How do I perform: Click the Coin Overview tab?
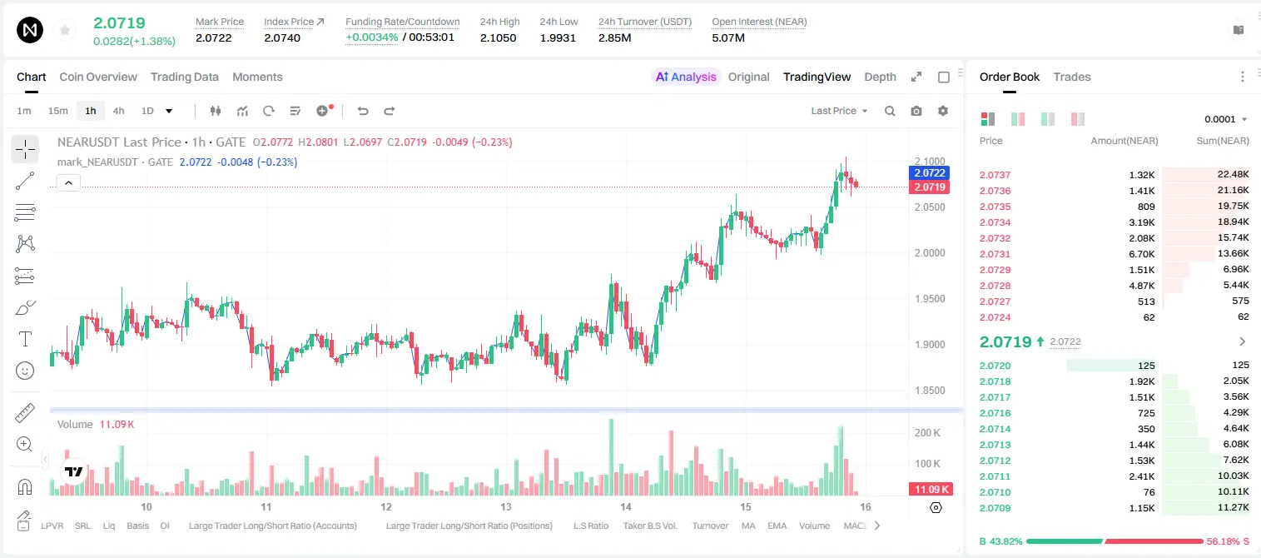pyautogui.click(x=98, y=77)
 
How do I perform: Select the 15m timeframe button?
pyautogui.click(x=58, y=111)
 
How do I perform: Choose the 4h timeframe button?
pyautogui.click(x=118, y=111)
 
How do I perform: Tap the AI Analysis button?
pyautogui.click(x=686, y=77)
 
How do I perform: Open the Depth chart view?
pyautogui.click(x=880, y=77)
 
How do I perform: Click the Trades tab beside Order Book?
pyautogui.click(x=1072, y=77)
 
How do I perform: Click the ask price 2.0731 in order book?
pyautogui.click(x=995, y=254)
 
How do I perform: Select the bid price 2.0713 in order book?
pyautogui.click(x=995, y=445)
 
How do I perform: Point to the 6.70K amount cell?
pyautogui.click(x=1142, y=254)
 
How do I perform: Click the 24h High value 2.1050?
pyautogui.click(x=499, y=37)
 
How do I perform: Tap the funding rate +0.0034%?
pyautogui.click(x=371, y=37)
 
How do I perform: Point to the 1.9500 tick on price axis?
pyautogui.click(x=930, y=299)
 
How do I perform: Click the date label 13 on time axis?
pyautogui.click(x=506, y=506)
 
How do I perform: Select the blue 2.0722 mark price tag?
pyautogui.click(x=930, y=173)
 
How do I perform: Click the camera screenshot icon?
pyautogui.click(x=916, y=111)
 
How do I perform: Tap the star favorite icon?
pyautogui.click(x=65, y=30)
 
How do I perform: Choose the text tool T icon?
pyautogui.click(x=25, y=339)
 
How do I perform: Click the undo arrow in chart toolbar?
pyautogui.click(x=363, y=111)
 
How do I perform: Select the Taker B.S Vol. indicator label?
pyautogui.click(x=649, y=526)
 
